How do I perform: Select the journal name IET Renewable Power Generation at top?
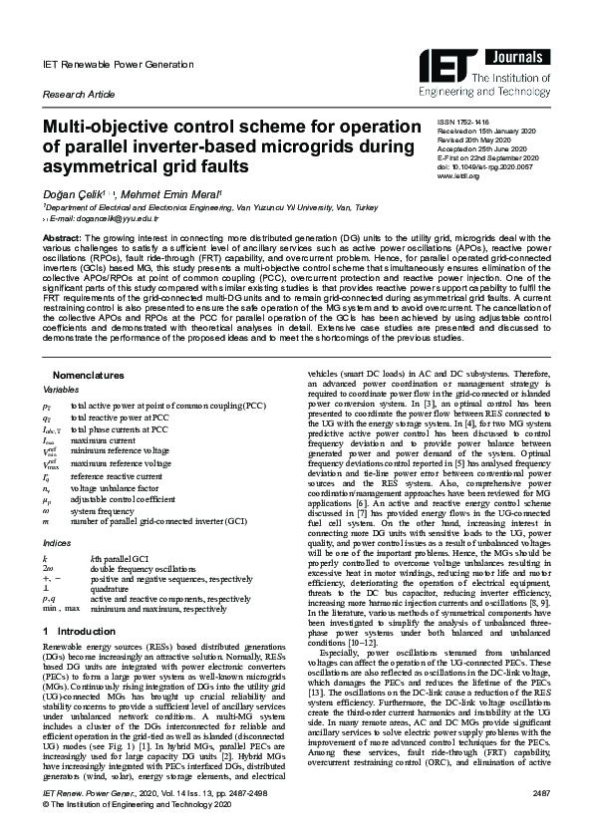point(104,63)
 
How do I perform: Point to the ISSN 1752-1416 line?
point(468,123)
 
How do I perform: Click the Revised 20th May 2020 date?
point(480,140)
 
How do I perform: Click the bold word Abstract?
point(61,239)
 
